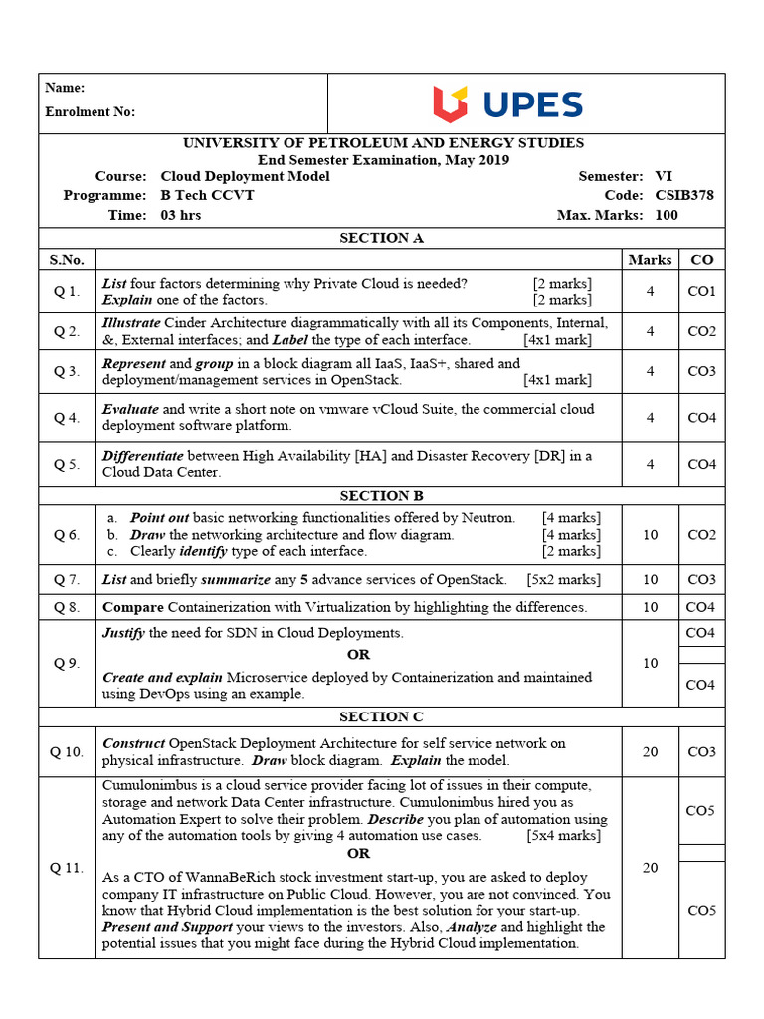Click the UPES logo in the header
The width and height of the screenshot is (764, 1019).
coord(507,104)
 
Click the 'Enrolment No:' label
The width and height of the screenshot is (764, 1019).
coord(90,112)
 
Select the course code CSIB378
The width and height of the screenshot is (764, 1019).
coord(683,195)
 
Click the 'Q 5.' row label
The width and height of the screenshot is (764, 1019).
coord(67,464)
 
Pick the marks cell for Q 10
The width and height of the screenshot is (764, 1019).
coord(650,752)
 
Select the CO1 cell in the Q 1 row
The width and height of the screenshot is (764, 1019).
coord(701,292)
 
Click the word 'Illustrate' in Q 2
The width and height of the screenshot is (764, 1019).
coord(131,323)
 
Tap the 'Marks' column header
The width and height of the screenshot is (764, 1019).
coord(650,260)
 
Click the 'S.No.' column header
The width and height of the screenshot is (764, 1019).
coord(67,260)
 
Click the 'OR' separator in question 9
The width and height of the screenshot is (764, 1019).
coord(358,654)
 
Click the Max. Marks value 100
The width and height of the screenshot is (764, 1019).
coord(667,215)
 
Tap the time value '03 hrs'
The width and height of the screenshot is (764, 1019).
coord(180,215)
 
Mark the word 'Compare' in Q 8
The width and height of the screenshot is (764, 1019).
coord(133,607)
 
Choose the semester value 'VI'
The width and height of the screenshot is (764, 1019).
coord(663,176)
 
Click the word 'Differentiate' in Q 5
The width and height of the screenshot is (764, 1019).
coord(143,456)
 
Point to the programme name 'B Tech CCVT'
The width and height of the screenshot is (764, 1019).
coord(207,195)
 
